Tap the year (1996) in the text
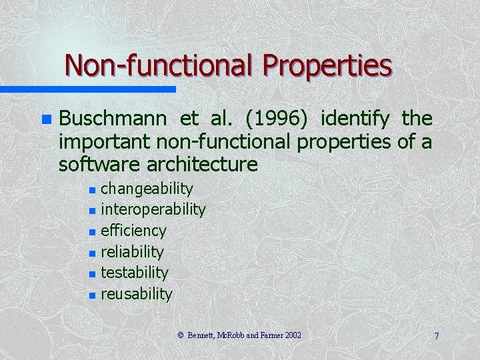(x=276, y=119)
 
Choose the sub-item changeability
(x=147, y=189)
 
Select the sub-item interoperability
(x=153, y=209)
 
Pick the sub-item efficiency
(x=133, y=231)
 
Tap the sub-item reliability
(x=132, y=251)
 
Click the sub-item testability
(x=134, y=273)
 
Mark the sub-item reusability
(x=136, y=293)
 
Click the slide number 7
(x=437, y=336)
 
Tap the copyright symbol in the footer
(x=181, y=335)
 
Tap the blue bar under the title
(x=87, y=89)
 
